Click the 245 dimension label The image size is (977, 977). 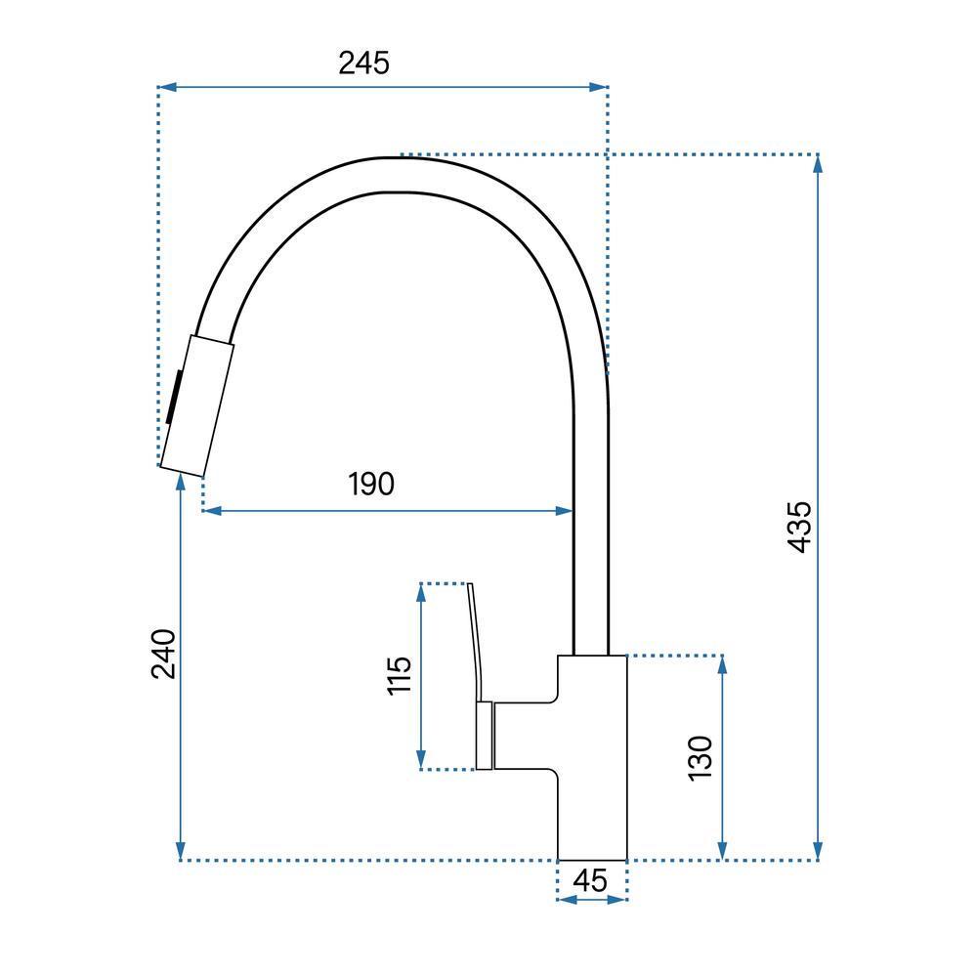[x=363, y=63]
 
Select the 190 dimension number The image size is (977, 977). [x=371, y=485]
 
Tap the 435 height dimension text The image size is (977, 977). [x=799, y=528]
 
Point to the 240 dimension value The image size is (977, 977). [x=164, y=654]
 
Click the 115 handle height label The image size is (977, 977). [x=400, y=675]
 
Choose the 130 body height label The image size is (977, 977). [x=700, y=758]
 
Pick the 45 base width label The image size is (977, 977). [x=590, y=881]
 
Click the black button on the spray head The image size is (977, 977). [x=175, y=397]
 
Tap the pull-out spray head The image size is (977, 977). [x=197, y=405]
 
